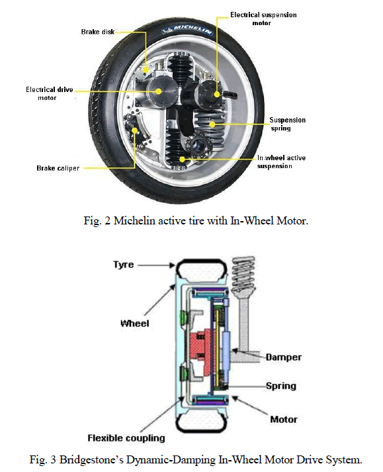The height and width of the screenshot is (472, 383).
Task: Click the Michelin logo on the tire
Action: (x=188, y=30)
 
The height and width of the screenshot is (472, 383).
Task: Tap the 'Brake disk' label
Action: (x=98, y=32)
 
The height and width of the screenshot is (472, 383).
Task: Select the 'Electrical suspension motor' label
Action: (x=263, y=19)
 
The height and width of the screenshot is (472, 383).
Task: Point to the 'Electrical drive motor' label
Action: (x=50, y=93)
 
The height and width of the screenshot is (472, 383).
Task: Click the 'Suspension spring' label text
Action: (x=287, y=124)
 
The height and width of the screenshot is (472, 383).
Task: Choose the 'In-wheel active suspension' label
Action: (x=281, y=162)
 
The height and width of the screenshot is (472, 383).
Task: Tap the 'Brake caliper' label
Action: (x=58, y=168)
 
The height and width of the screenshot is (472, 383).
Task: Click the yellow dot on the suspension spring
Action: (x=212, y=124)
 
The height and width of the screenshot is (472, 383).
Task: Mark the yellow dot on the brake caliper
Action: (x=135, y=130)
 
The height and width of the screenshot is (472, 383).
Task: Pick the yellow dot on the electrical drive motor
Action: (x=159, y=91)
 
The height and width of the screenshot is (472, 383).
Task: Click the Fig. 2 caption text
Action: (x=196, y=220)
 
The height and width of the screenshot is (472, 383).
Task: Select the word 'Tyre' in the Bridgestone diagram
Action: (x=123, y=265)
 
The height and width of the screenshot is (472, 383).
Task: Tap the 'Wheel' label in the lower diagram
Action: (x=134, y=323)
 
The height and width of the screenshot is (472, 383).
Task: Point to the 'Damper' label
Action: (x=283, y=357)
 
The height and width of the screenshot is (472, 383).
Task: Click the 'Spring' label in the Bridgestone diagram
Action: (x=281, y=386)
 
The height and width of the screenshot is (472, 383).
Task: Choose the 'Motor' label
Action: (x=283, y=419)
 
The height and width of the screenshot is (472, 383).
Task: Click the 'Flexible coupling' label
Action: (x=126, y=438)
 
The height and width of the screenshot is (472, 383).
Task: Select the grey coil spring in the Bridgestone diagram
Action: (x=243, y=275)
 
